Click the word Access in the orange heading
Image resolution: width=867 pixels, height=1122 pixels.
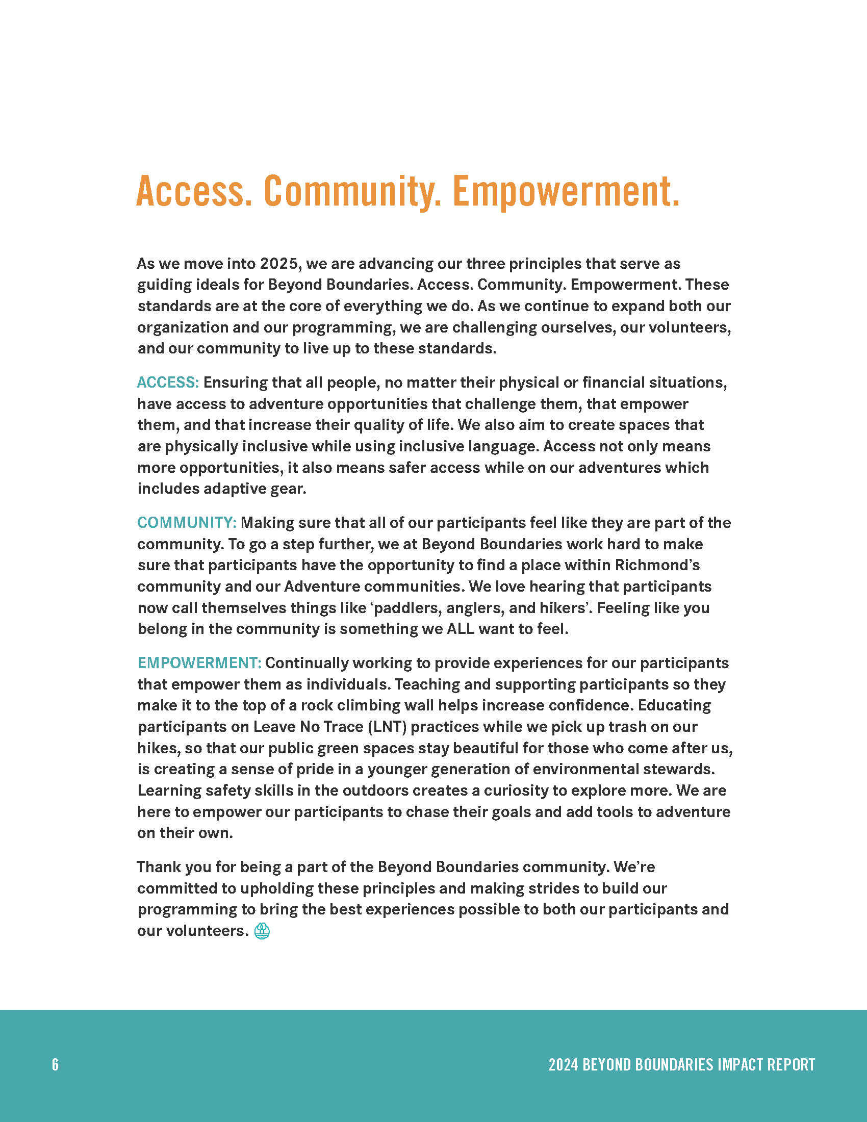tap(194, 191)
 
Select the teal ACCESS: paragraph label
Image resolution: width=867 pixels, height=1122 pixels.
tap(168, 382)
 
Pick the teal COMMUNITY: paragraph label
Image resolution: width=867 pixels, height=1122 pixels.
tap(187, 523)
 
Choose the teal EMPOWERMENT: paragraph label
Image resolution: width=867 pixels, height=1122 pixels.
tap(200, 663)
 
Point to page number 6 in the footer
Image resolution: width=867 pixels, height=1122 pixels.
tap(56, 1064)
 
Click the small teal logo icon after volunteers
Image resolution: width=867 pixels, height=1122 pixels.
tap(262, 931)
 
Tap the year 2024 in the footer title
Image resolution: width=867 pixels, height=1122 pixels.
tap(563, 1064)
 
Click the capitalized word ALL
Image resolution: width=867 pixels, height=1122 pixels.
tap(460, 629)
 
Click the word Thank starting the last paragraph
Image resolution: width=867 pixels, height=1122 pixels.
tap(159, 867)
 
